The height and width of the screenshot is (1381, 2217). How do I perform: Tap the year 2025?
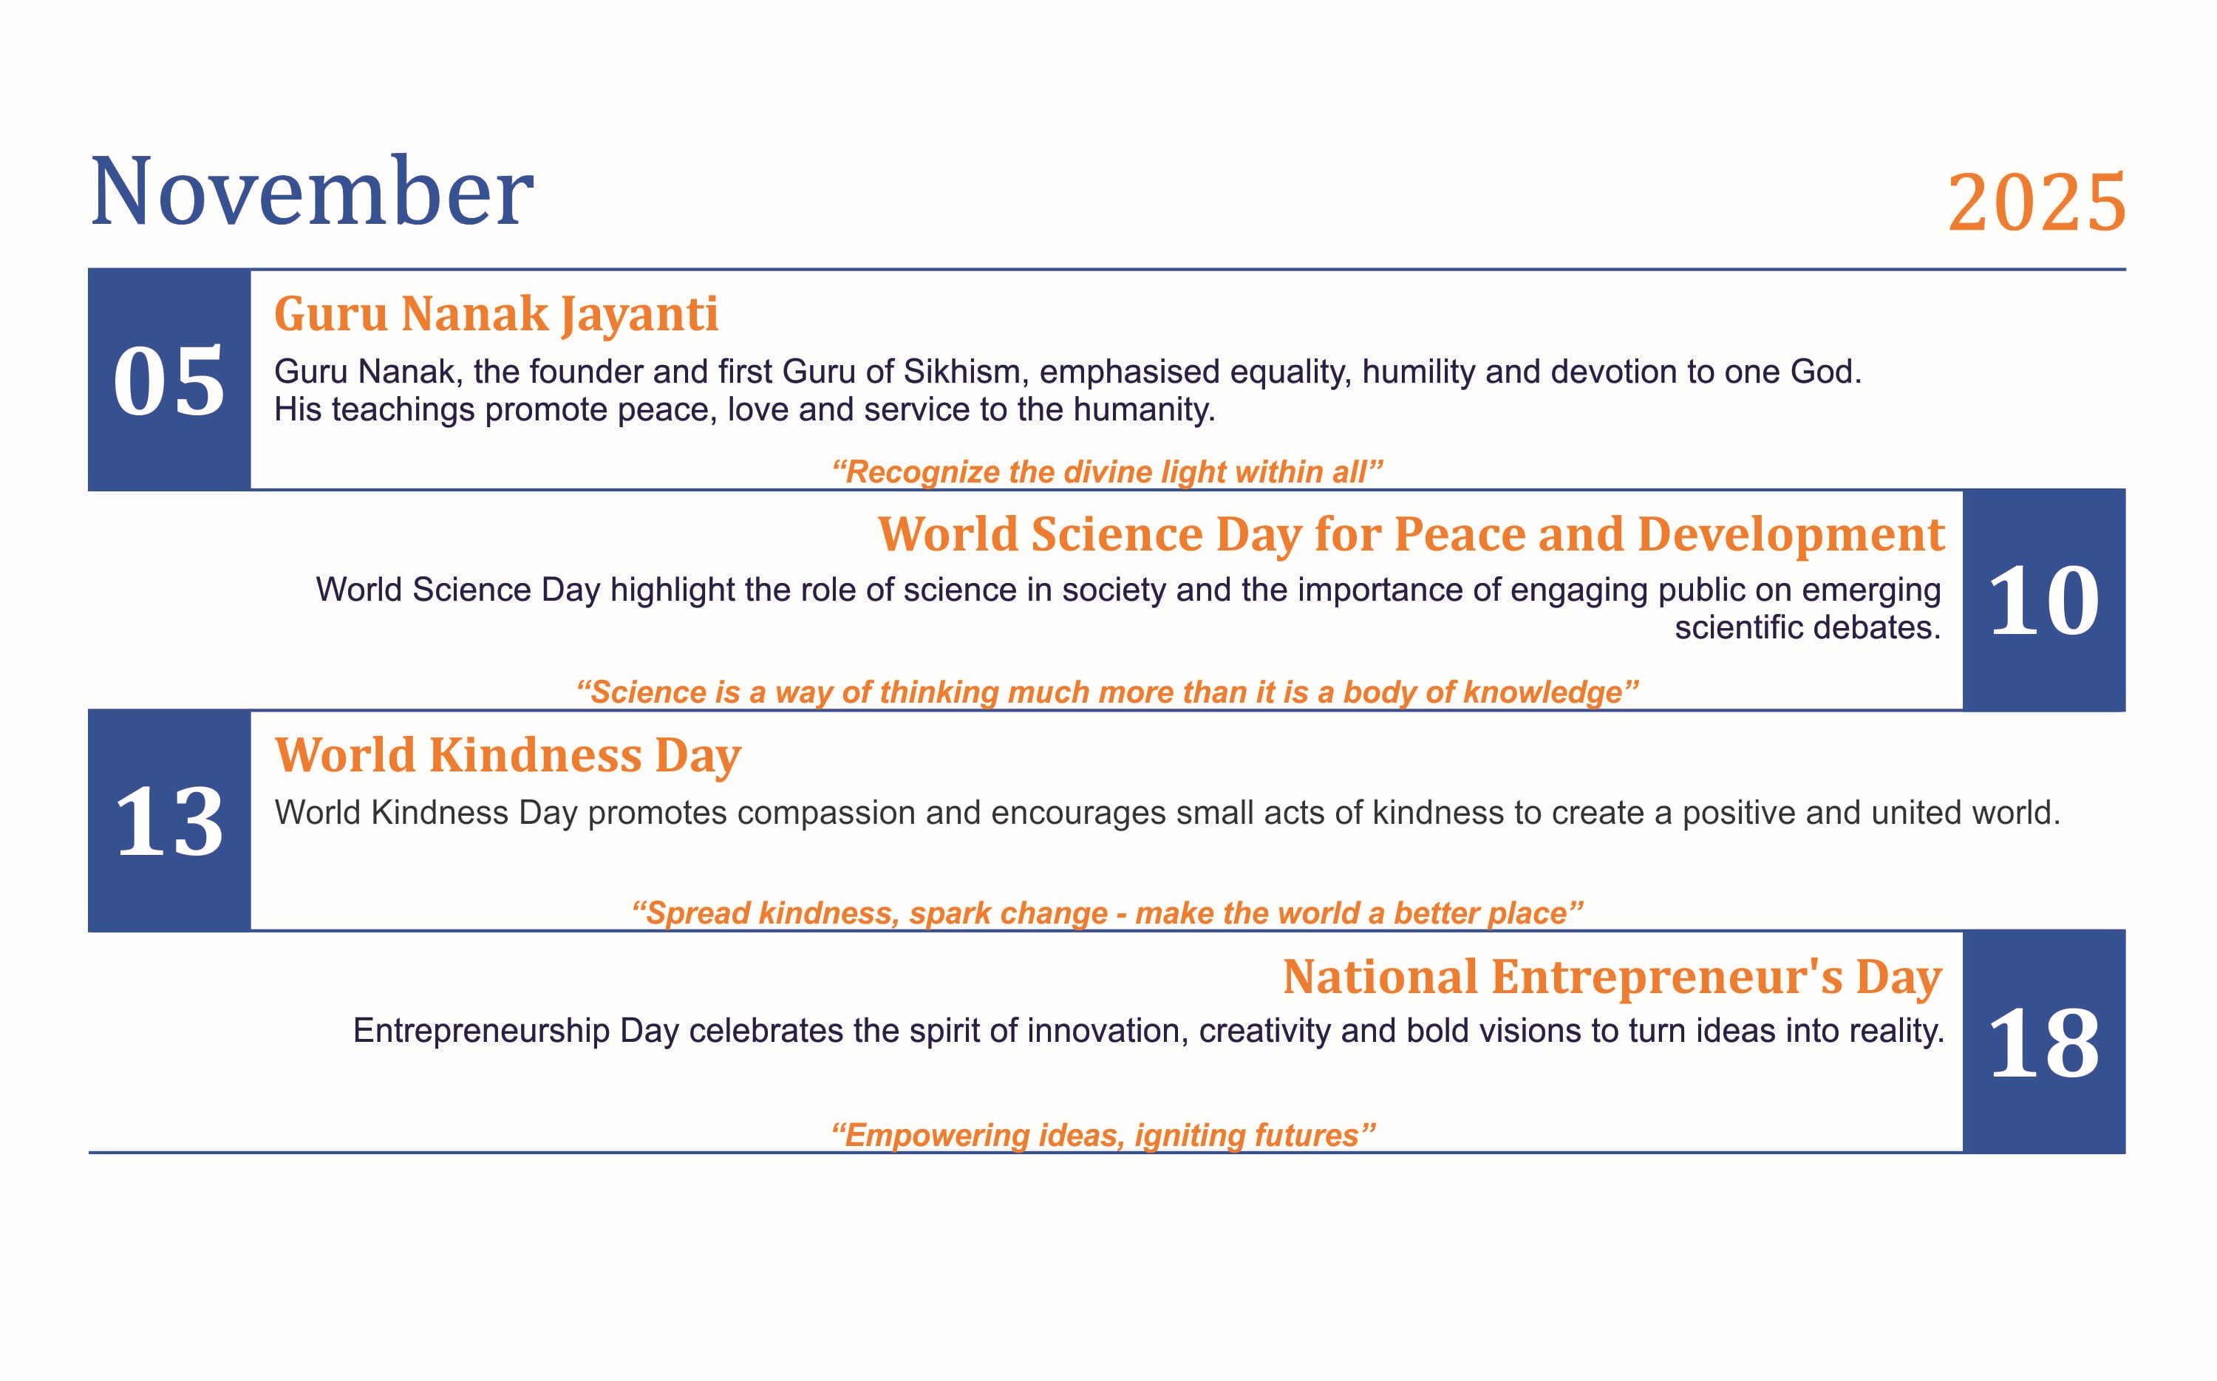2036,202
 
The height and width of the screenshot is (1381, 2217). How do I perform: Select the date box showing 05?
169,380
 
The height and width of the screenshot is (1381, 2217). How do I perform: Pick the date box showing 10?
2043,600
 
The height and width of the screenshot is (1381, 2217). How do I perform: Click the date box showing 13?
169,821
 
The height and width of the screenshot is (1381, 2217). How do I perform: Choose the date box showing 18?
2043,1042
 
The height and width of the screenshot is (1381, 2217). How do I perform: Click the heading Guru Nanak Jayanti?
496,314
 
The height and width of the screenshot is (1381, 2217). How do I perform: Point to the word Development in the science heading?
1791,533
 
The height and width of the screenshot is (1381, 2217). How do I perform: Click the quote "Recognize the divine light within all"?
1107,472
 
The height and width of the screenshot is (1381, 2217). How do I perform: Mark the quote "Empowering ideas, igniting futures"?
1103,1135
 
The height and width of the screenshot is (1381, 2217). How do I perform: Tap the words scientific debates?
1808,627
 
